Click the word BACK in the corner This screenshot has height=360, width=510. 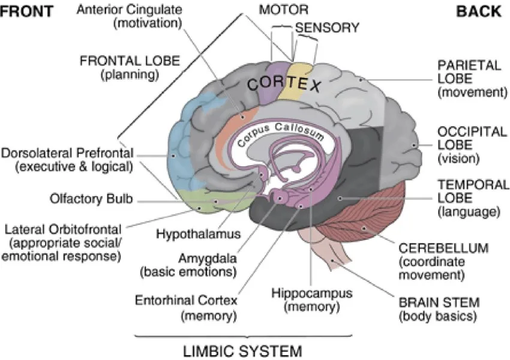(479, 11)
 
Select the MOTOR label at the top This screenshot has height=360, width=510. (284, 10)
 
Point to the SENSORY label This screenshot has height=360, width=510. (327, 28)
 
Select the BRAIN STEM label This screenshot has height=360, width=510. (428, 302)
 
